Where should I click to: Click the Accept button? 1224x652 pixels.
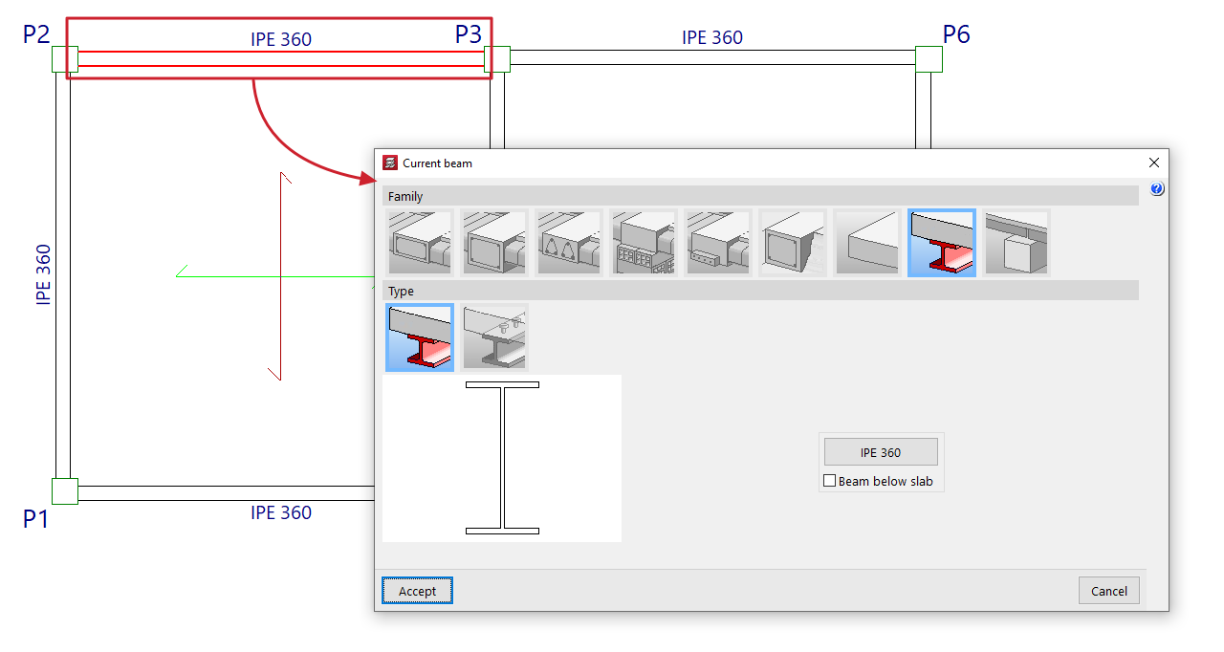tap(417, 591)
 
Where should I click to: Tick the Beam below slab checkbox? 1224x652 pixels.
tap(830, 481)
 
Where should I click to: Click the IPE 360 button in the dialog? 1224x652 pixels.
tap(880, 452)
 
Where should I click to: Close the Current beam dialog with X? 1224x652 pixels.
tap(1153, 163)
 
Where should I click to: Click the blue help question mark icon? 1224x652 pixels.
tap(1157, 189)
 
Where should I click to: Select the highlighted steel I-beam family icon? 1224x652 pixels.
tap(941, 243)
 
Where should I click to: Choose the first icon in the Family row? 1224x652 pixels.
tap(419, 243)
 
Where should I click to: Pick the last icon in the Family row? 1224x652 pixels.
tap(1016, 243)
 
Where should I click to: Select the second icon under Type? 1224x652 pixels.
tap(494, 337)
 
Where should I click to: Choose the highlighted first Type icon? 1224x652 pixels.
tap(419, 337)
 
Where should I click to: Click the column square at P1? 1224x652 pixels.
tap(64, 491)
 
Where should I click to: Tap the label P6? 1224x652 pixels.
tap(956, 34)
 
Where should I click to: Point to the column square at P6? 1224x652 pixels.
tap(929, 59)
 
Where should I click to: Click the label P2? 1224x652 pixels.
tap(36, 34)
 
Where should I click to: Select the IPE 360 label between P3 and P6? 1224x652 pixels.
tap(711, 37)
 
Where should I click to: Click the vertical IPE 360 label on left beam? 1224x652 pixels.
tap(43, 274)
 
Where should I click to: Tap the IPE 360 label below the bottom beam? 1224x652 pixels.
tap(281, 512)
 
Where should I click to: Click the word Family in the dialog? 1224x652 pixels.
tap(405, 196)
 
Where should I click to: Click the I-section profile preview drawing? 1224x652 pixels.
tap(502, 458)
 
